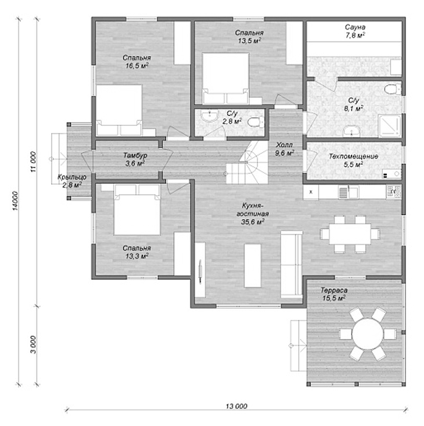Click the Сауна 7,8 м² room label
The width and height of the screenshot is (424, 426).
tap(355, 31)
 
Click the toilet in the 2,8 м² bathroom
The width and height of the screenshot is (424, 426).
tap(256, 122)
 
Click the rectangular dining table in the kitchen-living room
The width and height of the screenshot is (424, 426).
tap(350, 234)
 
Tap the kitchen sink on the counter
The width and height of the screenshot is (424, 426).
tap(348, 192)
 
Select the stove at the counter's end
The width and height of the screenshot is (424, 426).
tap(394, 192)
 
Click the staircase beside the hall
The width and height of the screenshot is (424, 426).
tap(247, 163)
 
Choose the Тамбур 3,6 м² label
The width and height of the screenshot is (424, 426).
tap(135, 159)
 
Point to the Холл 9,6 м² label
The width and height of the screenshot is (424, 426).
tap(284, 149)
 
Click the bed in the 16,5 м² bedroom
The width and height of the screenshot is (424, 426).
tap(119, 110)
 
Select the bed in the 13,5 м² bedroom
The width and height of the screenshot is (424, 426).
tap(226, 79)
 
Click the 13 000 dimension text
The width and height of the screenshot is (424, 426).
tap(237, 406)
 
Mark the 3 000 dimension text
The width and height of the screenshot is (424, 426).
tap(33, 345)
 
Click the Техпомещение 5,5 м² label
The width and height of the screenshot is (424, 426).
tap(353, 160)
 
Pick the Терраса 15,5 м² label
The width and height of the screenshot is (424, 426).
tap(334, 294)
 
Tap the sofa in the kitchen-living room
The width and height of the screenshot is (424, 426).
tap(291, 264)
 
